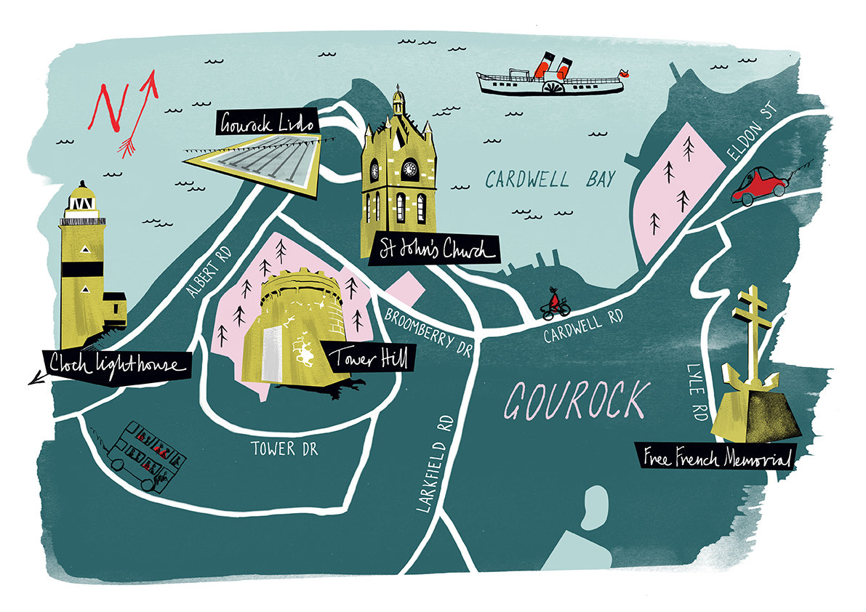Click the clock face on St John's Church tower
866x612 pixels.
409,169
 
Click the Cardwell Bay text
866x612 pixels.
550,180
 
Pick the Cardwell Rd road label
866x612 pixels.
584,324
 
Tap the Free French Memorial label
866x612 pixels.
715,457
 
